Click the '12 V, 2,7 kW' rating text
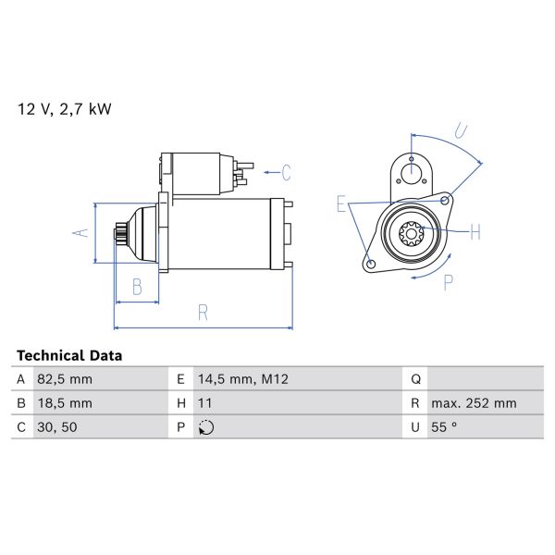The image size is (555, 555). pos(64,109)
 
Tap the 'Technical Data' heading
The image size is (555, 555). pos(69,355)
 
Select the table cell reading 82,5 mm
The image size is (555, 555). pos(66,379)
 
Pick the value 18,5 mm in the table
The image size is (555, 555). pos(66,403)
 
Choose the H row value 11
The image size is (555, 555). pos(206,403)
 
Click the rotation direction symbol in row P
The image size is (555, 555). pos(206,427)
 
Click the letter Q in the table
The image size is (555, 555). pos(415,379)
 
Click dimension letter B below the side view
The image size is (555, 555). pos(136,287)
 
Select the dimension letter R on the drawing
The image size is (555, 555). pos(203,313)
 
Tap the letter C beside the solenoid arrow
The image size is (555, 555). pos(287,172)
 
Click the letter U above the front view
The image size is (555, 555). pos(461,130)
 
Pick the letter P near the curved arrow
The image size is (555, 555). pos(448,282)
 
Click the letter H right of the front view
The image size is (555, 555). pos(475,232)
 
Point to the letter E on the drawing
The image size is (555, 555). pos(341,205)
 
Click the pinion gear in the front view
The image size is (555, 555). pos(410,233)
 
